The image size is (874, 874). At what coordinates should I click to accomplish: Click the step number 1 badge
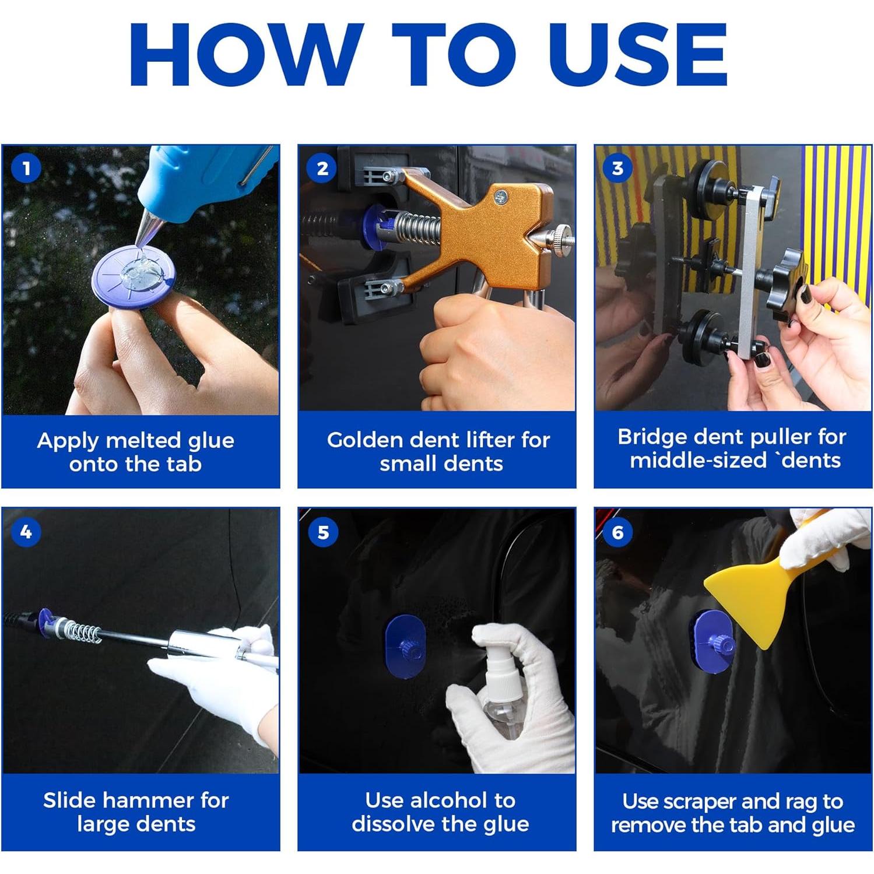[x=26, y=169]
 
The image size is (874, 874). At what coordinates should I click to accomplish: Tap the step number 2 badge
[x=322, y=169]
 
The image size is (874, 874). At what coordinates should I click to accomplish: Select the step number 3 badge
[x=618, y=169]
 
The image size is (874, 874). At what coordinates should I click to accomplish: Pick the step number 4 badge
[x=26, y=532]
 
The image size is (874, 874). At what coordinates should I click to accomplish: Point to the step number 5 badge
[x=323, y=532]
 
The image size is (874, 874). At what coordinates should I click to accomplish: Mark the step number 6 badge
[x=618, y=532]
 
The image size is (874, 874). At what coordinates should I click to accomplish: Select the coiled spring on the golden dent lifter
[x=418, y=229]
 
